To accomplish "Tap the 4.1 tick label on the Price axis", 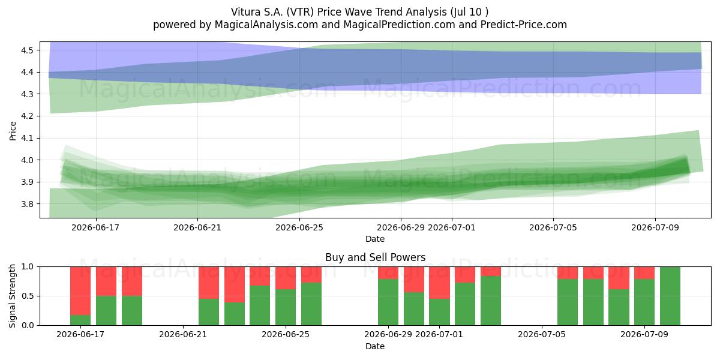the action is click(x=27, y=138).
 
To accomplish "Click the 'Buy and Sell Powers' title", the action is click(x=375, y=257).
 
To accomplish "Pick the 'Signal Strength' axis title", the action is click(x=12, y=296).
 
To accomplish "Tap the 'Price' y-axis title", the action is click(x=13, y=131).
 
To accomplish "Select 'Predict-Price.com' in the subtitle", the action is click(x=524, y=25).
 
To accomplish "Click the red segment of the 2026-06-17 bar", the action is click(x=80, y=291).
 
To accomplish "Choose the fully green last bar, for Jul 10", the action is click(x=670, y=296).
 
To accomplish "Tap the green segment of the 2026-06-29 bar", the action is click(x=388, y=302).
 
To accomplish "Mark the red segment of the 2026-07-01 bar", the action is click(x=439, y=283).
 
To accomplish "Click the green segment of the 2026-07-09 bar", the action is click(x=644, y=302).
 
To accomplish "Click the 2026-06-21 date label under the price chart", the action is click(x=197, y=227).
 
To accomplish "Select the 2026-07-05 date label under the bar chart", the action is click(x=542, y=334).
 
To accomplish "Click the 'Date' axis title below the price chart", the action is click(x=375, y=239).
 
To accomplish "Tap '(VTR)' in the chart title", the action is click(x=300, y=12).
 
